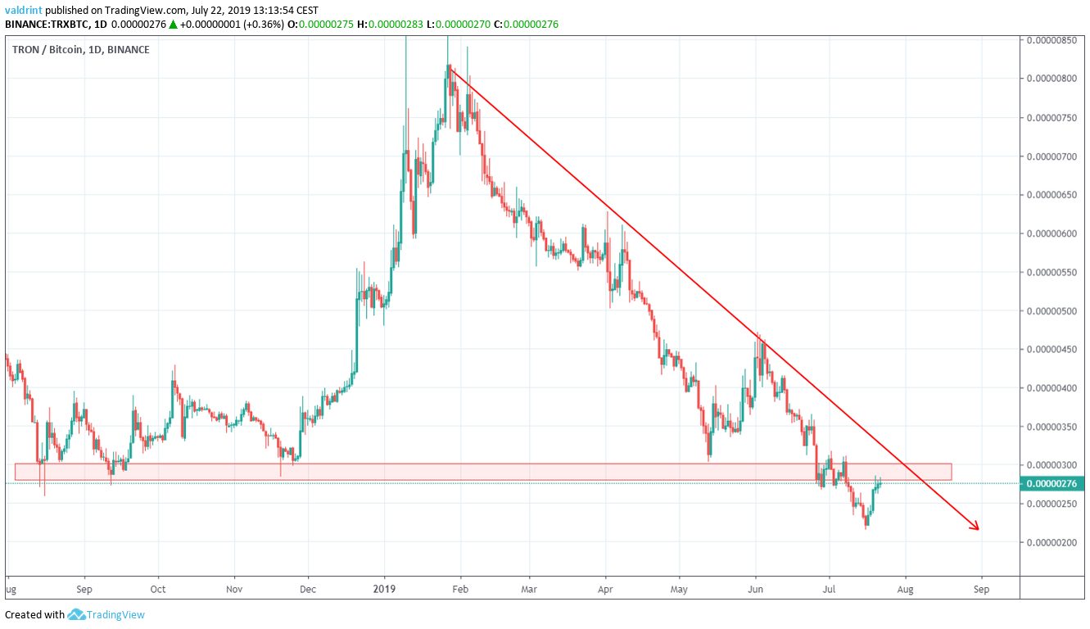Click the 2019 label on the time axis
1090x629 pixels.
[x=384, y=589]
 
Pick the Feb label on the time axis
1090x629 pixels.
[x=459, y=589]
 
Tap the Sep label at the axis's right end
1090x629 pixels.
[x=981, y=589]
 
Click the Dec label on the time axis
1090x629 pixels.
[x=308, y=589]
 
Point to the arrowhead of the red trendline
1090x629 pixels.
[x=976, y=527]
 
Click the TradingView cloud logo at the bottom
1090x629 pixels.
[x=77, y=614]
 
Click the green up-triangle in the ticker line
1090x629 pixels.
[x=173, y=24]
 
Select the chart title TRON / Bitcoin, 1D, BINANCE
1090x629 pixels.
[x=81, y=49]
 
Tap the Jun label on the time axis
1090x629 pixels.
[x=756, y=589]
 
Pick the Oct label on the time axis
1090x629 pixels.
[x=158, y=589]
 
